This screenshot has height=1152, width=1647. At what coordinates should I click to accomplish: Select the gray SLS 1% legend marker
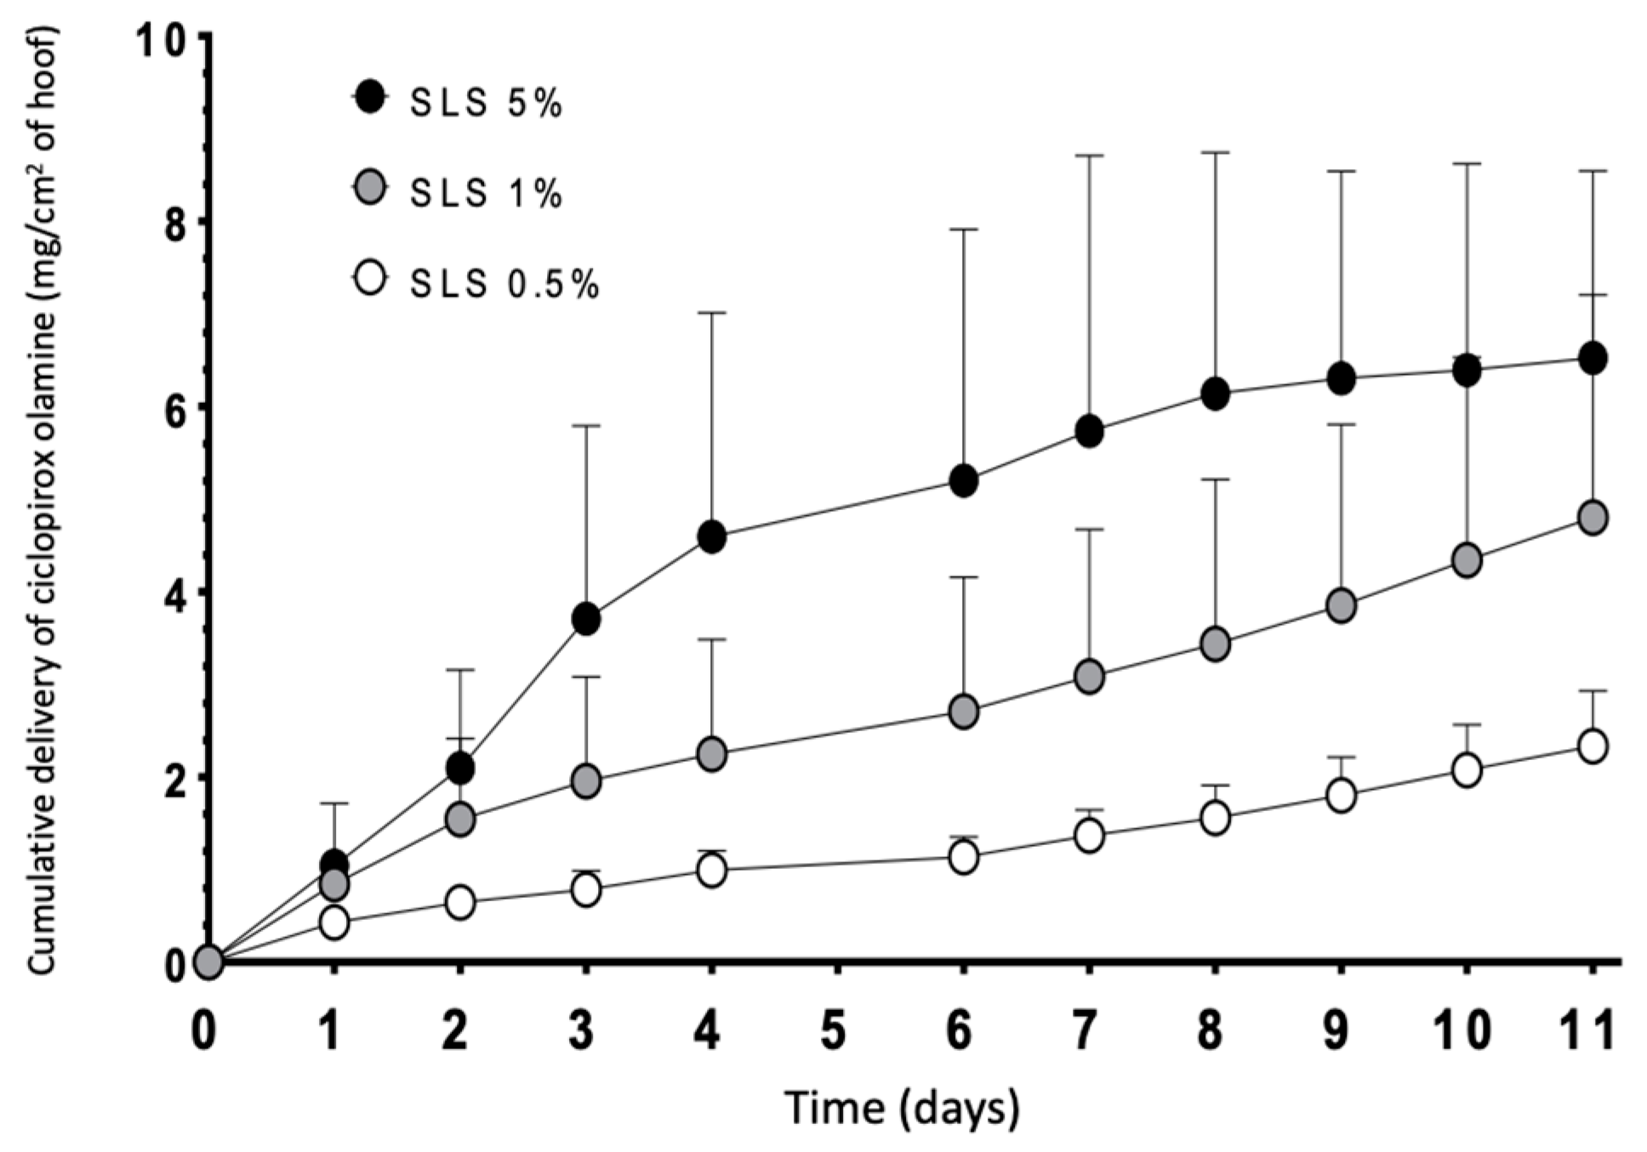pyautogui.click(x=369, y=188)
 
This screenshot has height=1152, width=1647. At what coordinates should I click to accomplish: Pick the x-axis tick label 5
pyautogui.click(x=835, y=1030)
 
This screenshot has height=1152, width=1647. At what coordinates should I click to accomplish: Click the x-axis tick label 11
pyautogui.click(x=1590, y=1030)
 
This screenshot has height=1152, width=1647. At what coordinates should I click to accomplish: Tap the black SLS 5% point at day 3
pyautogui.click(x=586, y=619)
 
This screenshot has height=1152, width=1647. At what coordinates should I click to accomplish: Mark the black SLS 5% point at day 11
pyautogui.click(x=1592, y=359)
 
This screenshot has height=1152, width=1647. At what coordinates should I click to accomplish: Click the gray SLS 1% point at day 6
pyautogui.click(x=963, y=711)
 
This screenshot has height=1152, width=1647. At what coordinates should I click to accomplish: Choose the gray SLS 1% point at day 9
pyautogui.click(x=1341, y=605)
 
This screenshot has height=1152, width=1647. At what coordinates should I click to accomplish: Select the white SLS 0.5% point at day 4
pyautogui.click(x=711, y=870)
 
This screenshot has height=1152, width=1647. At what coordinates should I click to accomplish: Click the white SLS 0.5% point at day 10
pyautogui.click(x=1467, y=771)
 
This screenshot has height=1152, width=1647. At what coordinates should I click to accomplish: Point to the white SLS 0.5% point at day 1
pyautogui.click(x=334, y=922)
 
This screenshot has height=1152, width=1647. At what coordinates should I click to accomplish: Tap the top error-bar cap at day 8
pyautogui.click(x=1215, y=153)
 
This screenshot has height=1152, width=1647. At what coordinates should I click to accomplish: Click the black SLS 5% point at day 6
pyautogui.click(x=963, y=482)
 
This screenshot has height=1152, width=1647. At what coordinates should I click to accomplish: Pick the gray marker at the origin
pyautogui.click(x=208, y=962)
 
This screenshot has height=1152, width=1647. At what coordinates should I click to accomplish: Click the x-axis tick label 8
pyautogui.click(x=1211, y=1030)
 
